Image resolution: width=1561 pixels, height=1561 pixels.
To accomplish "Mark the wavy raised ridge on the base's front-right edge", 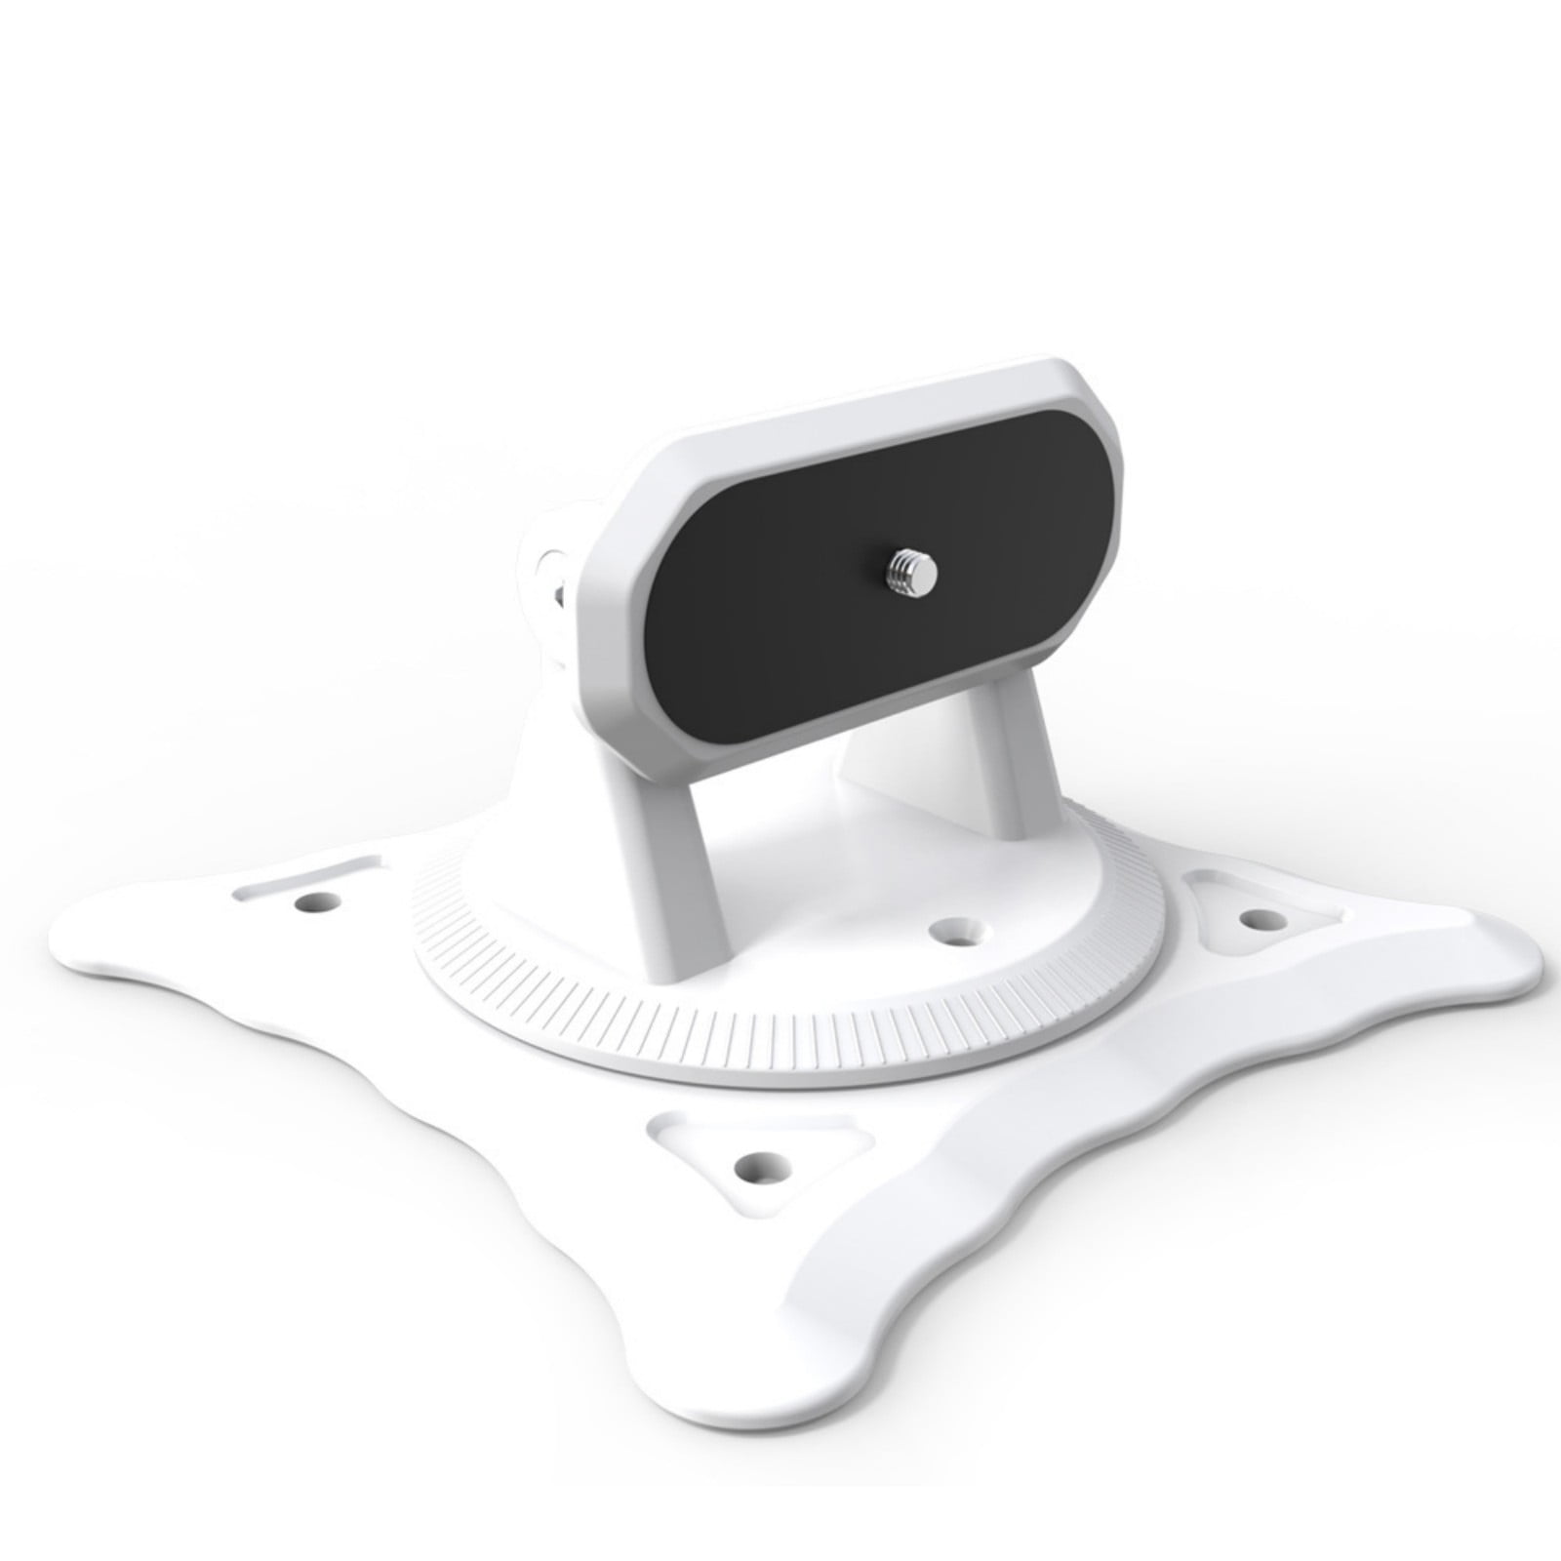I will pyautogui.click(x=1171, y=1171).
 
